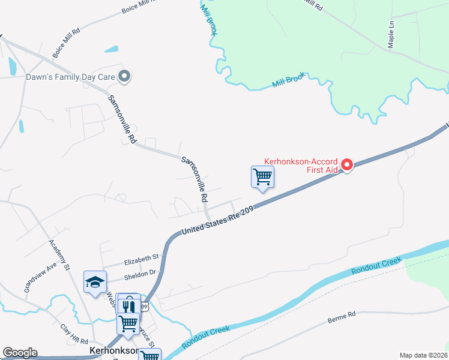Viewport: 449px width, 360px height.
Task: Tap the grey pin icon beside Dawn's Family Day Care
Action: [124, 76]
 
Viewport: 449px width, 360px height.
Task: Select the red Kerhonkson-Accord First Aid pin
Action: [346, 164]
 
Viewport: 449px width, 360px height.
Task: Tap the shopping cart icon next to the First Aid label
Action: [262, 178]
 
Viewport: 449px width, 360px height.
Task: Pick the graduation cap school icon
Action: [95, 282]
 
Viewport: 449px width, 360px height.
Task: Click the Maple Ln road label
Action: [391, 34]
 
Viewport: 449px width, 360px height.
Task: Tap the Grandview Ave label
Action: [41, 277]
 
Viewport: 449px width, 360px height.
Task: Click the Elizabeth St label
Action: [141, 260]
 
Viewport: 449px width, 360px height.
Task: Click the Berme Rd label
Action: [342, 317]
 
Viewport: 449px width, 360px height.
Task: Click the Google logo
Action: [20, 353]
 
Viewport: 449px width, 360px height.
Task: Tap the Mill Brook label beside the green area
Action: [289, 81]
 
